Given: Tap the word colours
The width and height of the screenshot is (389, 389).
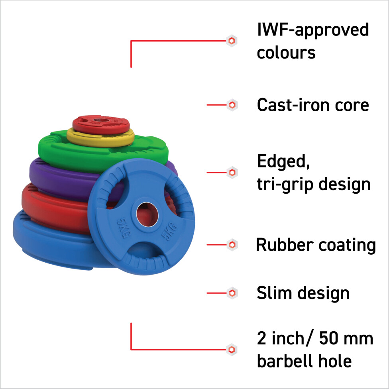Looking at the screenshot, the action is pyautogui.click(x=286, y=53).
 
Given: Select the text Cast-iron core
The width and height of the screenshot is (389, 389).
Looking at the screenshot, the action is pyautogui.click(x=313, y=105).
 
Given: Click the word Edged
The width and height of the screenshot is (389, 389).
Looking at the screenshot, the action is pyautogui.click(x=283, y=161).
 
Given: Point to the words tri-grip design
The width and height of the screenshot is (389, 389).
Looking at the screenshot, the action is pyautogui.click(x=314, y=184).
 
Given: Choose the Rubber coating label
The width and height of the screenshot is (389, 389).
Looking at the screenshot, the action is pyautogui.click(x=316, y=245).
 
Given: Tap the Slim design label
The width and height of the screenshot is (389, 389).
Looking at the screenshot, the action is pyautogui.click(x=303, y=293).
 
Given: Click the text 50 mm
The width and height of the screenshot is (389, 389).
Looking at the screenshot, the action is pyautogui.click(x=346, y=338).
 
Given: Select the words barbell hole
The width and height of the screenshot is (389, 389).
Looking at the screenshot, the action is pyautogui.click(x=304, y=361).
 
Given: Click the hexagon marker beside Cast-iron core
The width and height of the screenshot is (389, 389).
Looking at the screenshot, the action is pyautogui.click(x=232, y=105).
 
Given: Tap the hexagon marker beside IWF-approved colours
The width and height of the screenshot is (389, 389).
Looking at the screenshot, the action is pyautogui.click(x=232, y=41).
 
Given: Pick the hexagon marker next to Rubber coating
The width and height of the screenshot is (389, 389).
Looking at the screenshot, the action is pyautogui.click(x=232, y=245).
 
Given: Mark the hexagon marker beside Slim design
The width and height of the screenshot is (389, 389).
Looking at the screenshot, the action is pyautogui.click(x=232, y=293).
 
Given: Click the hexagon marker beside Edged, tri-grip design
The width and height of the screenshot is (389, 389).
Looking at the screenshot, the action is pyautogui.click(x=232, y=173).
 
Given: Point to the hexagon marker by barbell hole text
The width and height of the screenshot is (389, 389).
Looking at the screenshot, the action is pyautogui.click(x=232, y=350).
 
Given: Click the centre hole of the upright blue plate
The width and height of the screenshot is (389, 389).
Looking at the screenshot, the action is pyautogui.click(x=147, y=214).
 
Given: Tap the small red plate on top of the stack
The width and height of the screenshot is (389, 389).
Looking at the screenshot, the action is pyautogui.click(x=101, y=124).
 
